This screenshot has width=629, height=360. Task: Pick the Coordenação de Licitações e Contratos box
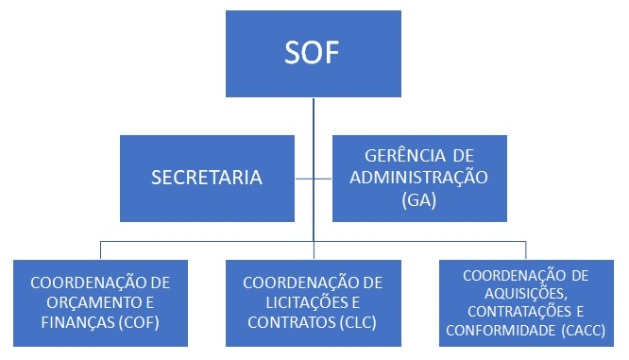click(313, 302)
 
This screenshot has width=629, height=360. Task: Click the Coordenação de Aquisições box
click(527, 302)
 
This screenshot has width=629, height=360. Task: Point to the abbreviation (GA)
click(418, 199)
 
